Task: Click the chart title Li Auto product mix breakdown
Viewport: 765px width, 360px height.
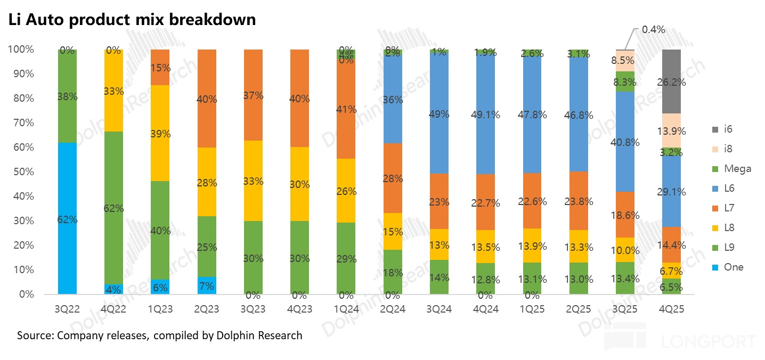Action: click(x=132, y=20)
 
